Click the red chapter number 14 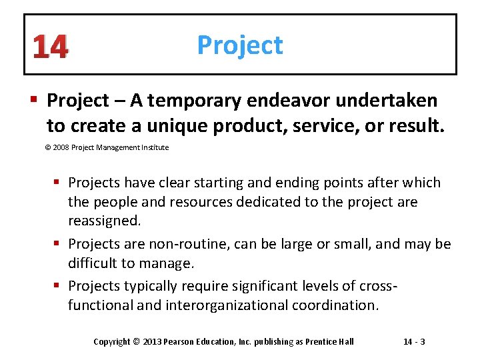[x=50, y=47]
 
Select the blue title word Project [x=240, y=45]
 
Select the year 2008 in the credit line [x=61, y=147]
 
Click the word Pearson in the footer [x=181, y=342]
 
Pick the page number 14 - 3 [x=415, y=342]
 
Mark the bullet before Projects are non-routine [x=60, y=244]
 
